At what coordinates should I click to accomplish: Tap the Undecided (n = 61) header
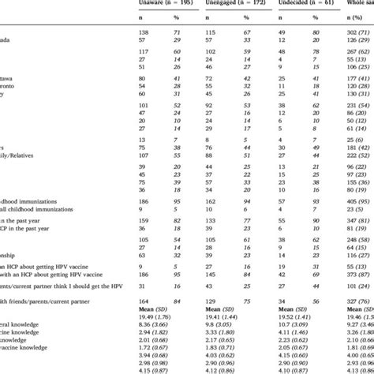click(x=297, y=4)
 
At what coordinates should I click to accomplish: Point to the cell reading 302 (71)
click(x=352, y=37)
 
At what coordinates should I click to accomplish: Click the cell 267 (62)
click(x=352, y=69)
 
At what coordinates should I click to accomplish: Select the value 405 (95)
click(x=352, y=201)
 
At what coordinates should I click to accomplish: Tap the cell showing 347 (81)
click(x=352, y=223)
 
